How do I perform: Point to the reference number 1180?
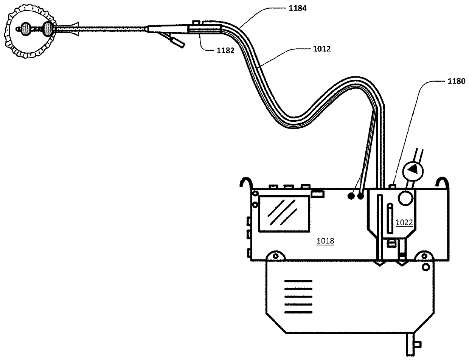[453, 81]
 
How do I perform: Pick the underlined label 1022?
[404, 222]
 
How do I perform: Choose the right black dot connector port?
[360, 196]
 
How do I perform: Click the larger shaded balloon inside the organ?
[48, 28]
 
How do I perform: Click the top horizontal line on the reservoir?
[298, 281]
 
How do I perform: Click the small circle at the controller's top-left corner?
[256, 194]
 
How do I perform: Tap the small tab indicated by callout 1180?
[393, 186]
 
